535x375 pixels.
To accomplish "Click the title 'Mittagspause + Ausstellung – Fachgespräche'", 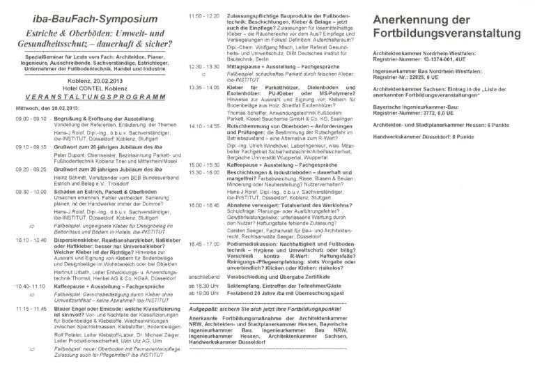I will coord(274,66).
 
